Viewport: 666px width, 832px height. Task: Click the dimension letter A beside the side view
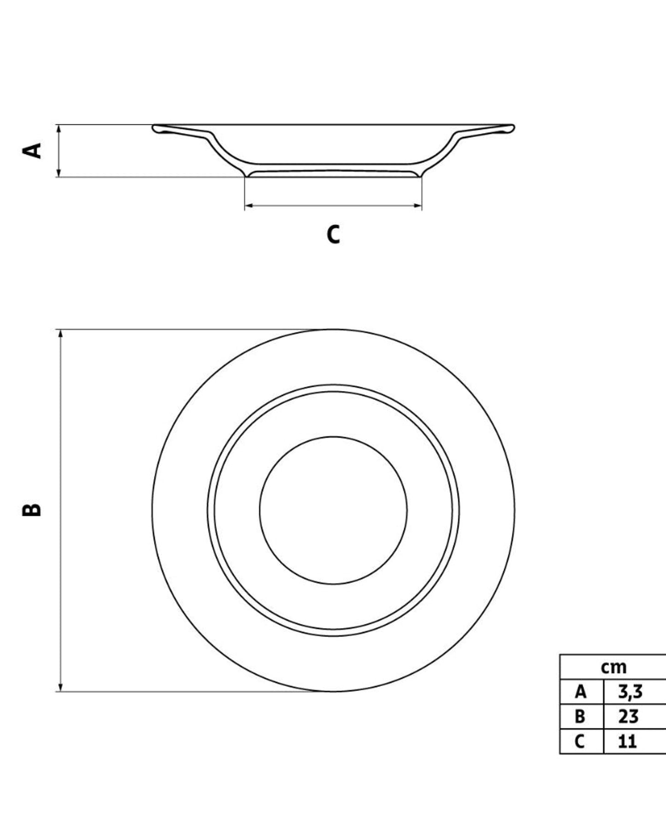[32, 151]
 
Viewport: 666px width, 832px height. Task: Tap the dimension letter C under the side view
[333, 234]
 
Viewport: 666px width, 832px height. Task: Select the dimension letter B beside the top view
[32, 510]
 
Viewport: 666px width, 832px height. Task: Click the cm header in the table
[613, 667]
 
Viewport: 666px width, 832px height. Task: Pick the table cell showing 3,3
[630, 691]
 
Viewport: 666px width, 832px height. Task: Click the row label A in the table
[581, 691]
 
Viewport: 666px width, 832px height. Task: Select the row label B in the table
[580, 716]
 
